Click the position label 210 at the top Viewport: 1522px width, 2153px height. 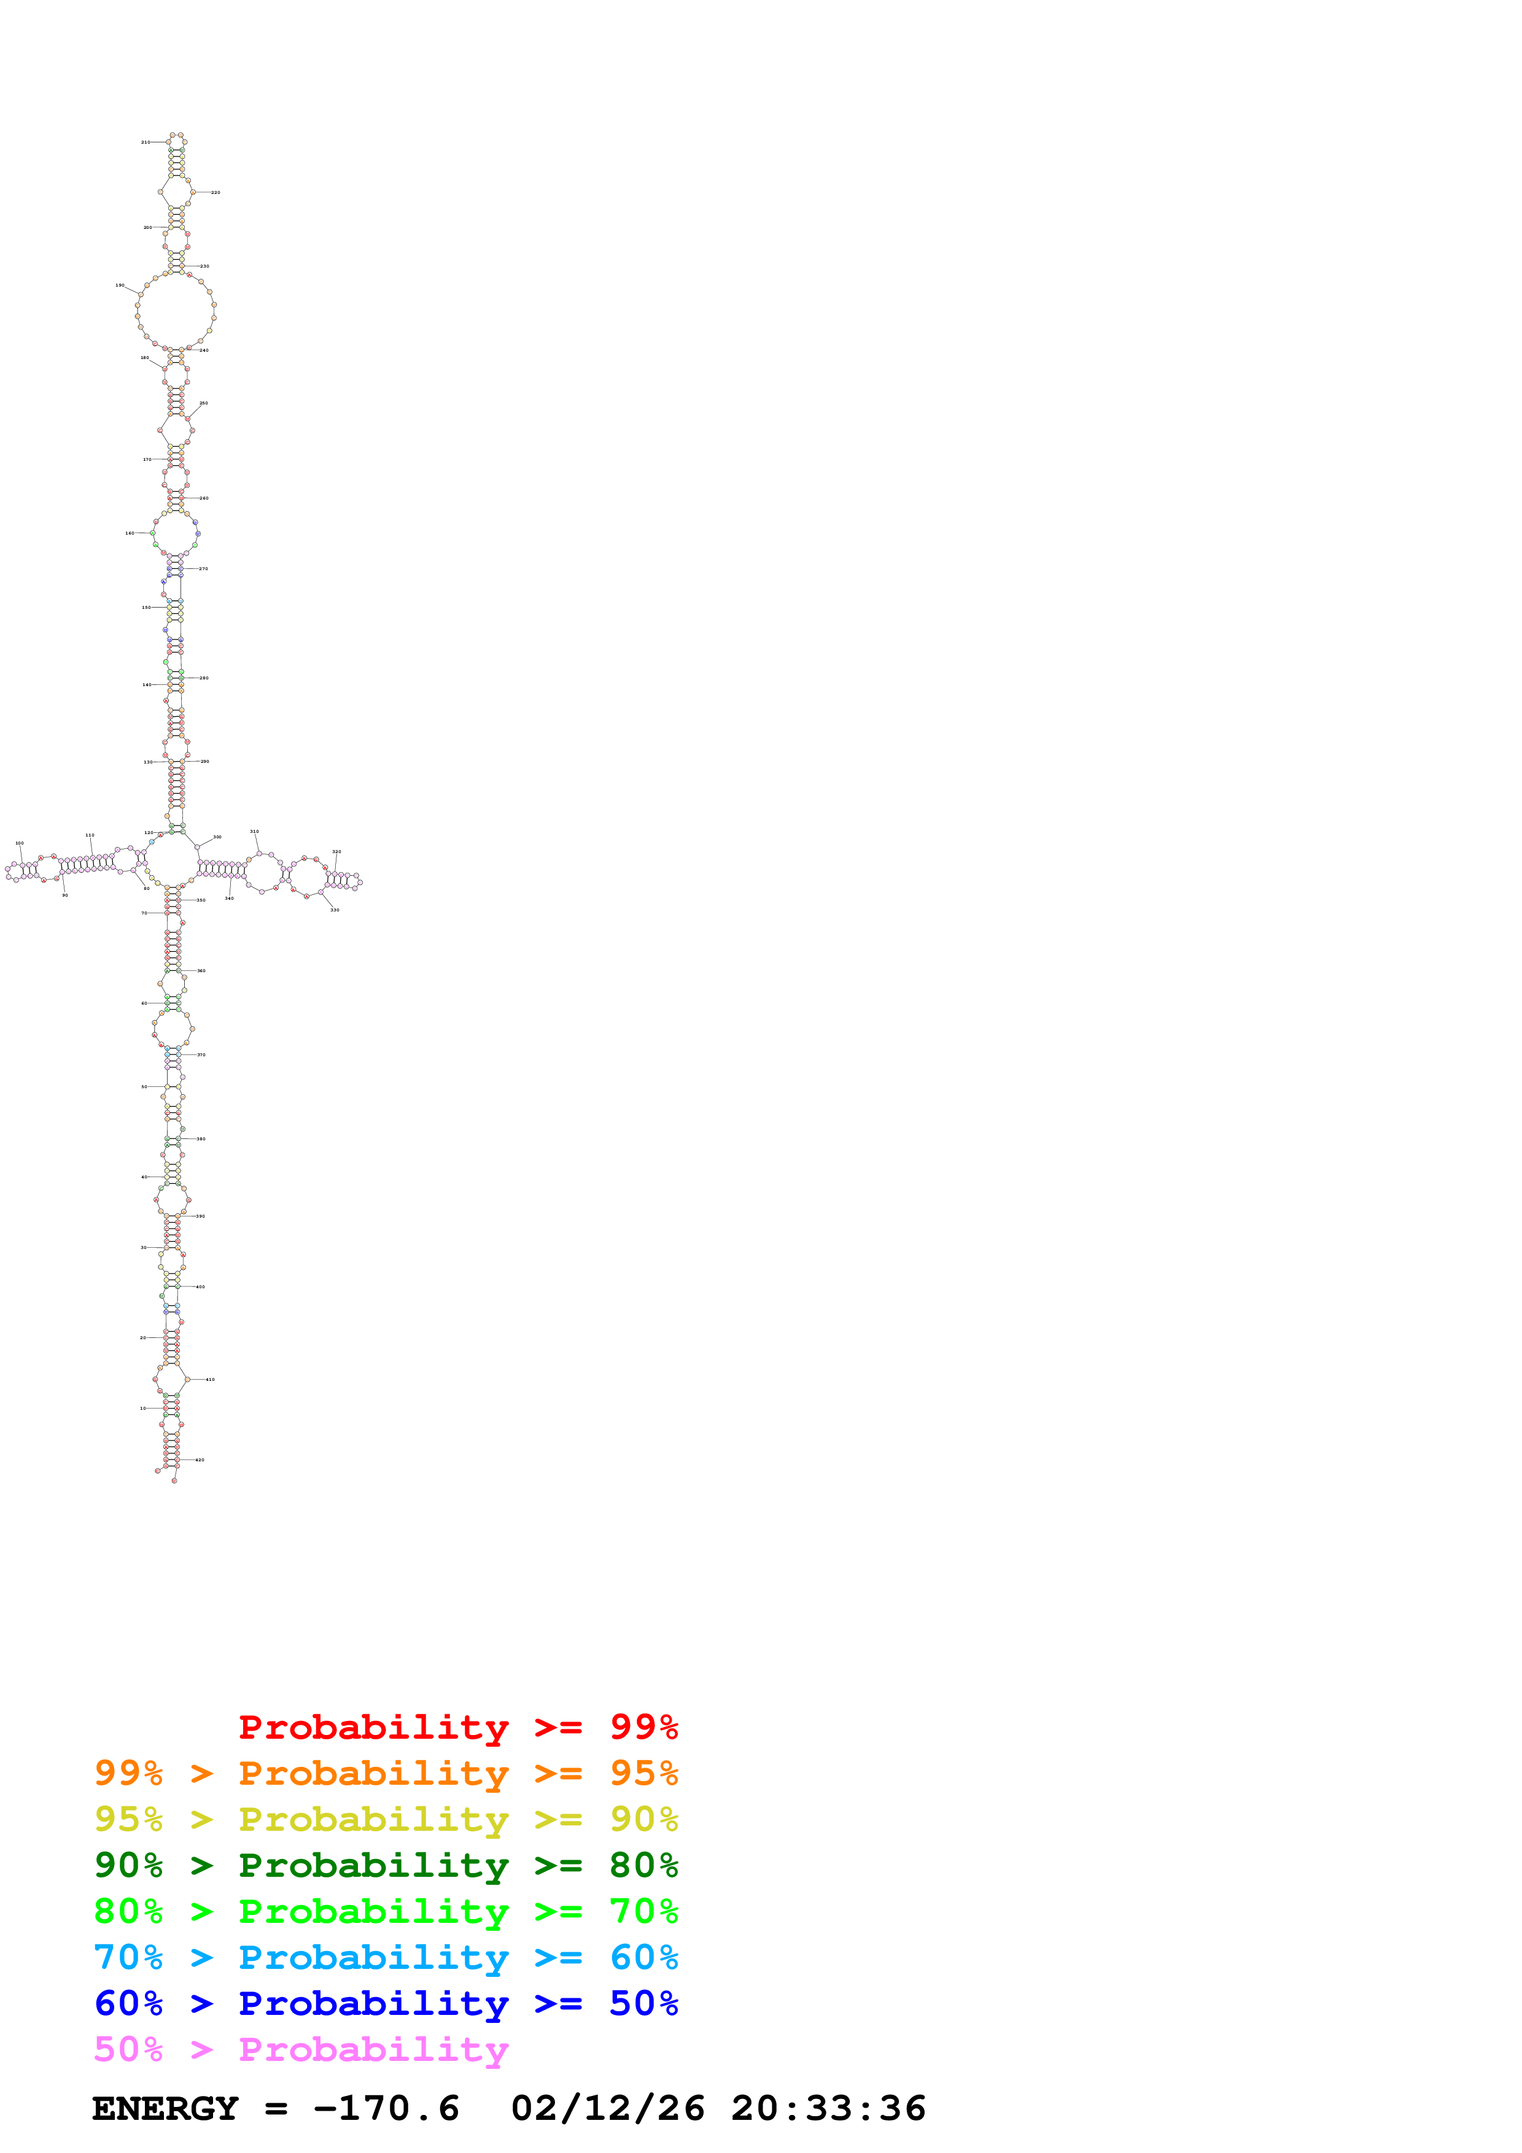point(146,142)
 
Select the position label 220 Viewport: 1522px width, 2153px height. point(215,192)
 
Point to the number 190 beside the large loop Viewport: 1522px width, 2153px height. point(120,285)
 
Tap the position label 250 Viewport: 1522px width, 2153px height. point(203,403)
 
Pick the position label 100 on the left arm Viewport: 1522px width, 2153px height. point(20,843)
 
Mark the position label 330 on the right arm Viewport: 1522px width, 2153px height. point(335,910)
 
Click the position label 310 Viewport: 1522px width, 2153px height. point(254,832)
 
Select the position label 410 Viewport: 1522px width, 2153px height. point(210,1380)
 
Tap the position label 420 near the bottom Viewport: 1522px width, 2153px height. point(200,1460)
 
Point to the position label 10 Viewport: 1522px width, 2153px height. point(142,1409)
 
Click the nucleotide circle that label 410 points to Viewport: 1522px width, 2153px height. point(187,1380)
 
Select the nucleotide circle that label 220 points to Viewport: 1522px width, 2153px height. point(194,192)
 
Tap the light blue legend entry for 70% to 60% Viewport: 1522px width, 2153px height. point(386,1958)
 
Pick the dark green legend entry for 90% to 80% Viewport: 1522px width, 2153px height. point(386,1866)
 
